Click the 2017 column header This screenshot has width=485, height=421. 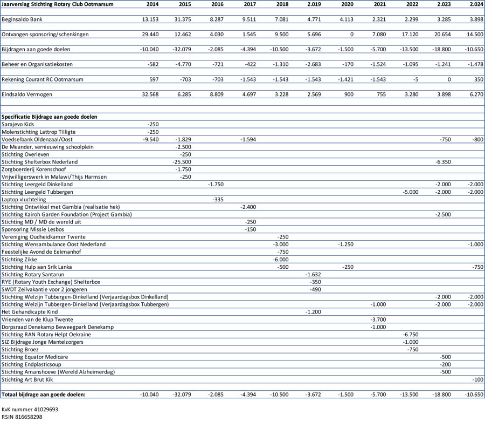click(x=250, y=4)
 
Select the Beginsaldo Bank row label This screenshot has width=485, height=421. click(x=22, y=19)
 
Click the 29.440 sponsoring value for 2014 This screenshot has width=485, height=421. click(x=150, y=35)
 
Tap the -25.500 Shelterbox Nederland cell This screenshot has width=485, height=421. click(x=182, y=162)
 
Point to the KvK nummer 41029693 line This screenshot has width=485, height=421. click(x=30, y=410)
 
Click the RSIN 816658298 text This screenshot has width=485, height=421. click(x=22, y=417)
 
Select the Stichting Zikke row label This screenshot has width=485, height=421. click(x=19, y=260)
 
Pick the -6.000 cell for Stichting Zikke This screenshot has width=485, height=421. click(x=281, y=260)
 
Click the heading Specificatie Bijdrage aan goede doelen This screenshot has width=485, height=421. click(x=50, y=117)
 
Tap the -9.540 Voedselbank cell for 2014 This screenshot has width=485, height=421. click(x=151, y=139)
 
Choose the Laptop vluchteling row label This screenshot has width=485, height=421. click(x=24, y=200)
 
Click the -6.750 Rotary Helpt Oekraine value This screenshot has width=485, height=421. click(x=411, y=335)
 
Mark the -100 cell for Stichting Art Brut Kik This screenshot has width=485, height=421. click(x=477, y=379)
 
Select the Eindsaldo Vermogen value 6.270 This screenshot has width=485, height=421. click(x=476, y=94)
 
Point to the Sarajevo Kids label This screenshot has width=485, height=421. click(x=18, y=124)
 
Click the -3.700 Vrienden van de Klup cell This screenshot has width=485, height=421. click(x=378, y=320)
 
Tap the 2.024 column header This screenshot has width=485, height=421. click(x=476, y=4)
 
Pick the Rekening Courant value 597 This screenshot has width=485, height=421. click(x=154, y=79)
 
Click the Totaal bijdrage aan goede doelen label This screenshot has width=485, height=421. click(x=43, y=395)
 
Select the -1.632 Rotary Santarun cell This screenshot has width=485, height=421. click(x=313, y=275)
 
